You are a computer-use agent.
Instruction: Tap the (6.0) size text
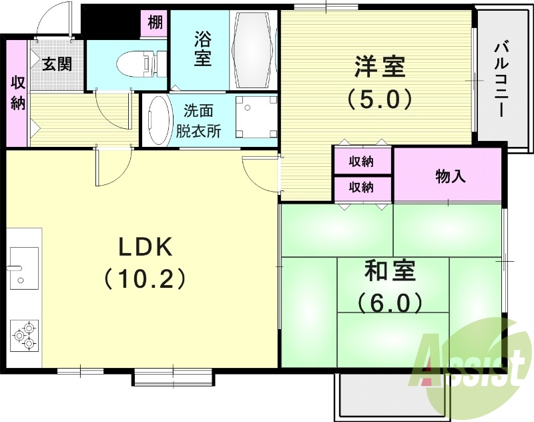(390, 303)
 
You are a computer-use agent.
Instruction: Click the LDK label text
(146, 248)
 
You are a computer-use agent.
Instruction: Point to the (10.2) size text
(146, 278)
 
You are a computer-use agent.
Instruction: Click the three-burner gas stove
(25, 335)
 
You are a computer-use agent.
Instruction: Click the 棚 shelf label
(155, 23)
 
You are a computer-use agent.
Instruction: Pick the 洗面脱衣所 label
(198, 121)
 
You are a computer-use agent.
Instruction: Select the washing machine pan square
(255, 115)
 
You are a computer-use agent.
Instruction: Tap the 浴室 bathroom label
(203, 48)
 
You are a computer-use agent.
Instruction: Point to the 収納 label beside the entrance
(18, 93)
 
